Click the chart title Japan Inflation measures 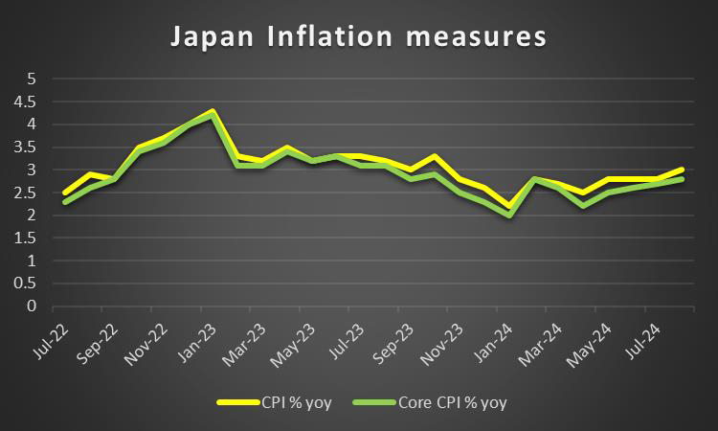(358, 37)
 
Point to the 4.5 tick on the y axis (31, 102)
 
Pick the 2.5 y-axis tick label (31, 193)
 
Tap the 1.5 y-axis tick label (31, 238)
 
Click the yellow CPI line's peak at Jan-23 (212, 111)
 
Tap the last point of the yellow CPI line (681, 170)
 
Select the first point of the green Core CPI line (64, 202)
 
